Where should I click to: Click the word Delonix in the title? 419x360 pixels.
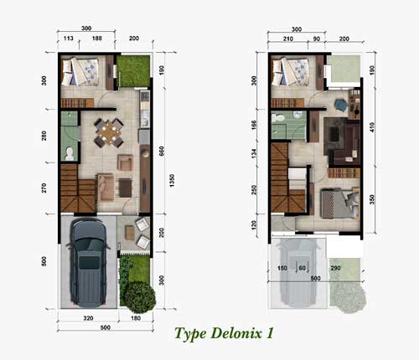tap(236, 333)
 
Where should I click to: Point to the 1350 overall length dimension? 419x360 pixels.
tap(172, 181)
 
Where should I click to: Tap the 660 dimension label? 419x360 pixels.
tap(162, 152)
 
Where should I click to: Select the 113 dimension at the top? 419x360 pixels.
tap(69, 39)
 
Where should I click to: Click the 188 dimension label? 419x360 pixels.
tap(97, 39)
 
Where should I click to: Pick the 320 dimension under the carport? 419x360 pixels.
tap(88, 318)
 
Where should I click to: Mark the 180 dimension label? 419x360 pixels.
tap(136, 318)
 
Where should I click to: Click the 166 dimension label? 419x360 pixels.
tap(254, 123)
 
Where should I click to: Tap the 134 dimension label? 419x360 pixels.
tap(254, 153)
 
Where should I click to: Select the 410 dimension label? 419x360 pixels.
tap(372, 127)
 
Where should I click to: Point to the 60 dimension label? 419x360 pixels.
tap(303, 268)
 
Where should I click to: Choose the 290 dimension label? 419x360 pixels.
tap(335, 268)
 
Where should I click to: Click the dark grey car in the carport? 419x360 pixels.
tap(88, 262)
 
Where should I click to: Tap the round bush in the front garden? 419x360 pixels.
tap(140, 297)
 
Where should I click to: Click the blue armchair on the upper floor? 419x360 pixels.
tap(340, 105)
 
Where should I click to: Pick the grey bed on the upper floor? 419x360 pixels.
tap(339, 203)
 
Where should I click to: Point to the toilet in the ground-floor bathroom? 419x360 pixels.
tap(69, 154)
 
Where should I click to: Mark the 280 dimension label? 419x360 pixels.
tap(44, 136)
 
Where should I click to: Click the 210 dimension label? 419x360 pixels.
tap(288, 39)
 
